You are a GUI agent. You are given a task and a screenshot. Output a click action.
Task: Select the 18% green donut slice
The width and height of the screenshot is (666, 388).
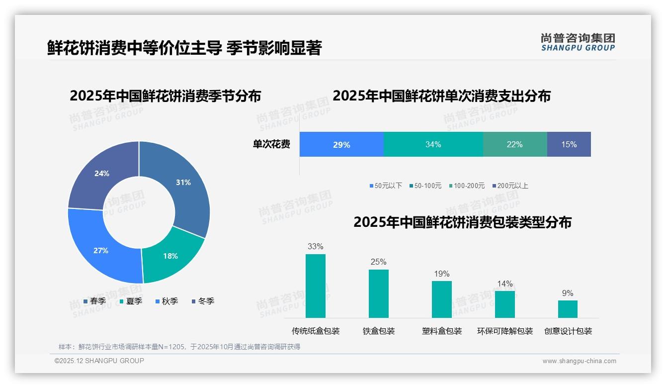[170, 256]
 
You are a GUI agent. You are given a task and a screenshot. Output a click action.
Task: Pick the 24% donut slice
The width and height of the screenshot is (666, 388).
[102, 174]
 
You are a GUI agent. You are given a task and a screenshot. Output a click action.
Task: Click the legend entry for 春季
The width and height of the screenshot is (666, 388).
[94, 301]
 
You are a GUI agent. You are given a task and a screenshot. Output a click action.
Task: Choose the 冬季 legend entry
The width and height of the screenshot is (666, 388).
[203, 301]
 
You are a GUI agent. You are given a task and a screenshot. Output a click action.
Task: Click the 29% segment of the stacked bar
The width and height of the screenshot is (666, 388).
[341, 145]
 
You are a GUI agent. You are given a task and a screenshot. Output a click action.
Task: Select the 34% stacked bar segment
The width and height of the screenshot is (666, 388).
[433, 145]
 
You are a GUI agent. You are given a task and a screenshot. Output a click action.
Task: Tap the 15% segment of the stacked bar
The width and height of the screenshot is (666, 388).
[569, 145]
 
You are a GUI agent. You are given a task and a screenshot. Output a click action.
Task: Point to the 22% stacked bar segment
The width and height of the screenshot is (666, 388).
[514, 145]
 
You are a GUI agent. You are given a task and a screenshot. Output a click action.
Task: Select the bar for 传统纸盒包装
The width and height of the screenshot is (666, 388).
[315, 286]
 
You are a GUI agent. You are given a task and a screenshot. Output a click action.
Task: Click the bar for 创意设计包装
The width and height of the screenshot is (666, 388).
[568, 309]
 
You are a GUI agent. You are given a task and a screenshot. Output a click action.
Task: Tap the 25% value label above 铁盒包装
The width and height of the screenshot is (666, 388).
[378, 262]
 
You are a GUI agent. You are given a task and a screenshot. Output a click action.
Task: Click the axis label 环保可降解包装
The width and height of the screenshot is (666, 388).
[504, 331]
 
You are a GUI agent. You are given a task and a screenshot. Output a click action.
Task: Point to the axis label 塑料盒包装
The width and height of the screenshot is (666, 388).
[442, 331]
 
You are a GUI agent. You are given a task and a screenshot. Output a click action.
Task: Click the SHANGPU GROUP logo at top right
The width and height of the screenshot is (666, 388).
[578, 42]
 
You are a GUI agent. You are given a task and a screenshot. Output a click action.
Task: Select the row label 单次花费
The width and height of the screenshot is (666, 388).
[271, 145]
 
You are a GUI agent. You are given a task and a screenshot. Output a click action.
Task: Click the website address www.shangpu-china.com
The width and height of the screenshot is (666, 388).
[579, 361]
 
